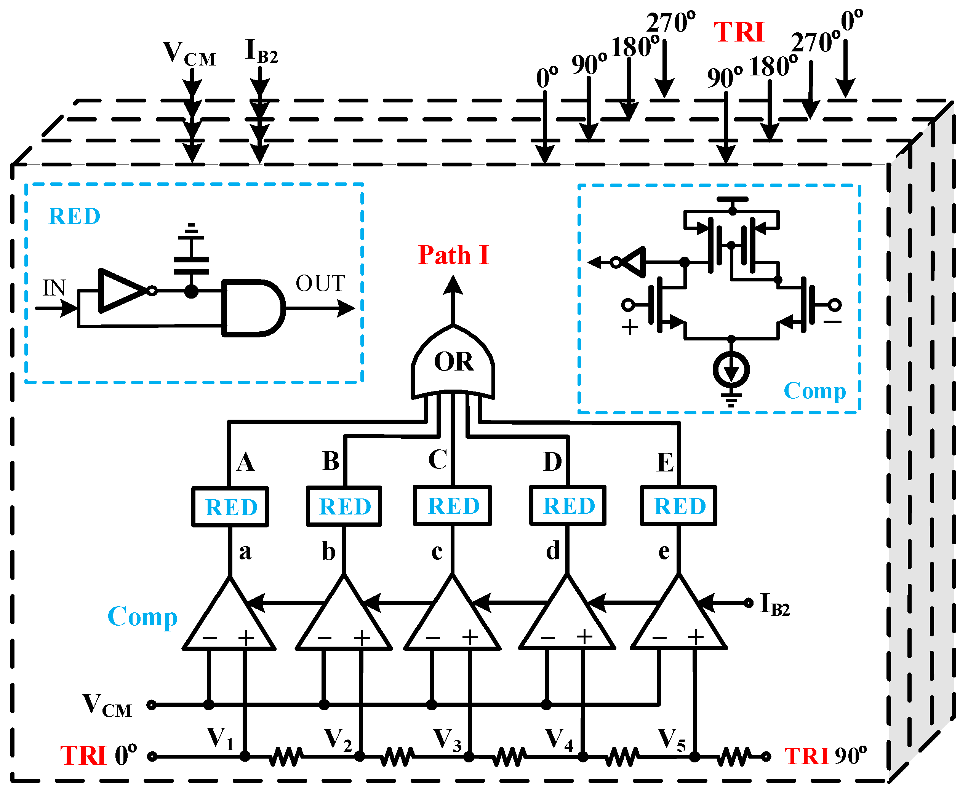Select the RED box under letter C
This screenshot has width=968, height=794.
click(453, 506)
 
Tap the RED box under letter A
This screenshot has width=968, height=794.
click(230, 507)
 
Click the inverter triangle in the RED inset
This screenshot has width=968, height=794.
click(121, 291)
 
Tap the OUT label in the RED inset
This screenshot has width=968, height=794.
click(320, 284)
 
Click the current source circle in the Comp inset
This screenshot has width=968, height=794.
click(731, 369)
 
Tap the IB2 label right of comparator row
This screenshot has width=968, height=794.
click(774, 604)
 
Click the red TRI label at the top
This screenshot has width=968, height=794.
click(739, 33)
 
